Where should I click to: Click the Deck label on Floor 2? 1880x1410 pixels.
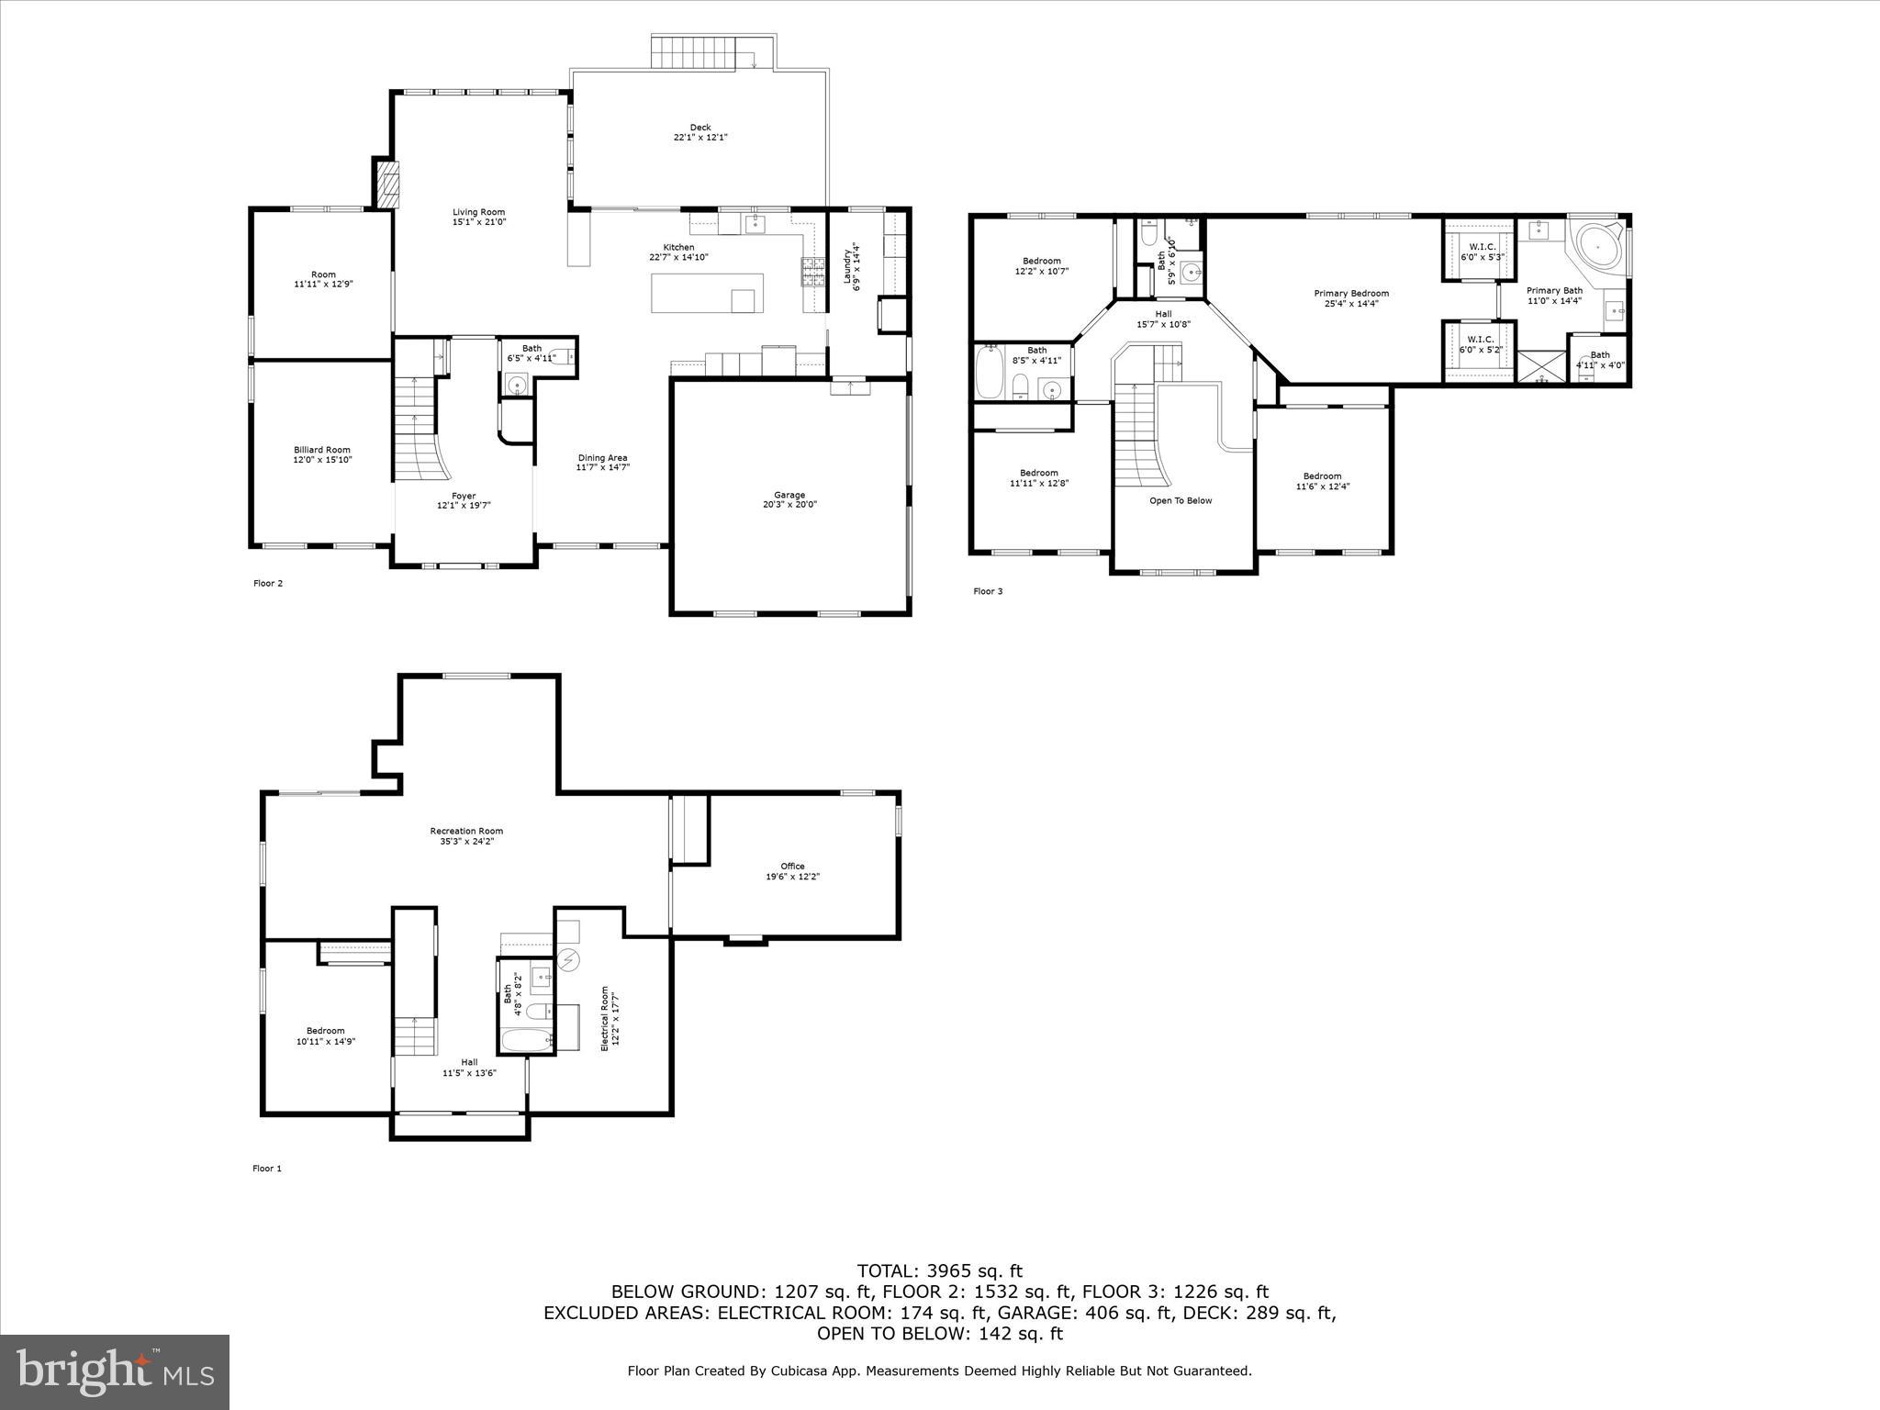pos(700,128)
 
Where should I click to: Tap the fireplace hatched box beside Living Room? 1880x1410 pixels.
pos(389,183)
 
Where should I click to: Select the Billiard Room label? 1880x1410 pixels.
pos(322,450)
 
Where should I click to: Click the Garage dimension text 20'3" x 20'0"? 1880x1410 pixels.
pos(789,505)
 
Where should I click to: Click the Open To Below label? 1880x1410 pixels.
pos(1181,500)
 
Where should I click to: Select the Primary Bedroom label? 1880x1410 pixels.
pos(1351,294)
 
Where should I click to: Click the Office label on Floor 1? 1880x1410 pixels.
pos(792,866)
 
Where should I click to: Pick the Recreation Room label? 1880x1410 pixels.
pos(466,831)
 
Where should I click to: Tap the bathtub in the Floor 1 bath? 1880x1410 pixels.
pos(527,1040)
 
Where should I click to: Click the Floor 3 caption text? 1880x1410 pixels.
pos(988,591)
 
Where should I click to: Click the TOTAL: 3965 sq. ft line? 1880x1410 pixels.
pos(939,1271)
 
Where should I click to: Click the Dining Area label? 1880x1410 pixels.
pos(602,458)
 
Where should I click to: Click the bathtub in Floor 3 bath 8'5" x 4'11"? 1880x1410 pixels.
pos(989,372)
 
